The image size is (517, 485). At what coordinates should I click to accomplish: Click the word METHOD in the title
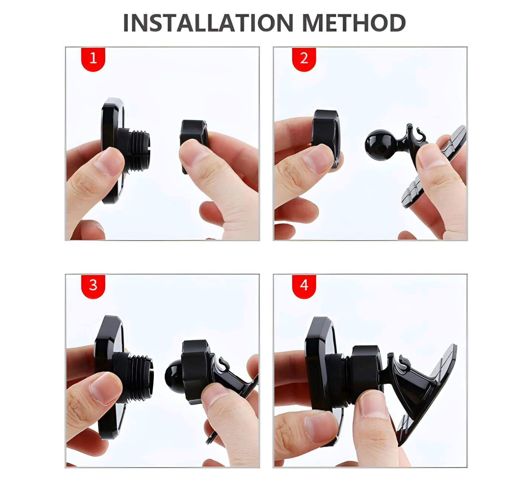coord(353,23)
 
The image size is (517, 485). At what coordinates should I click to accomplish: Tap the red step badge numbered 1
coord(93,59)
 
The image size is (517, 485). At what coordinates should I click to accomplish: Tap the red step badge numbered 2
coord(304,59)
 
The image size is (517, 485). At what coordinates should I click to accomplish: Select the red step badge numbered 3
coord(93,285)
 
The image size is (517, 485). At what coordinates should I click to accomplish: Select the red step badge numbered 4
coord(304,285)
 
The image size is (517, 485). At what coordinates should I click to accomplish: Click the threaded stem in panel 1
coord(139,149)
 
